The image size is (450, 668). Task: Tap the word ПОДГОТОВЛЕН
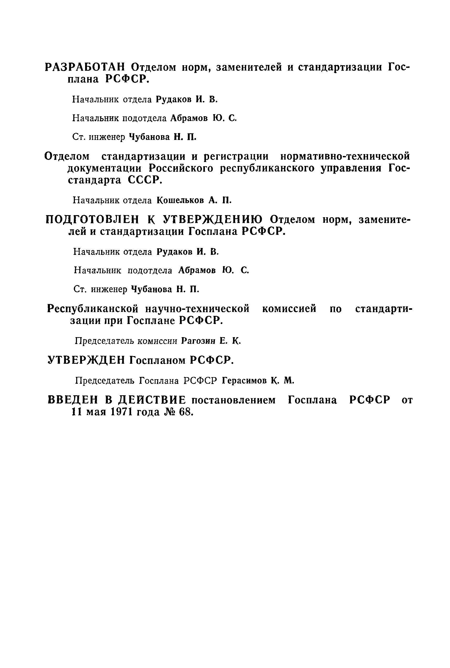[x=92, y=220]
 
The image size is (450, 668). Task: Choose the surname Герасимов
[x=245, y=381]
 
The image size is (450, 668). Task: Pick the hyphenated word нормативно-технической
[x=345, y=156]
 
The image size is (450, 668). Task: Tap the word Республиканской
[x=92, y=309]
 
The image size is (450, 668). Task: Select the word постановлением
[x=233, y=400]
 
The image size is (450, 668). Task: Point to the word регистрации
[x=236, y=156]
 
